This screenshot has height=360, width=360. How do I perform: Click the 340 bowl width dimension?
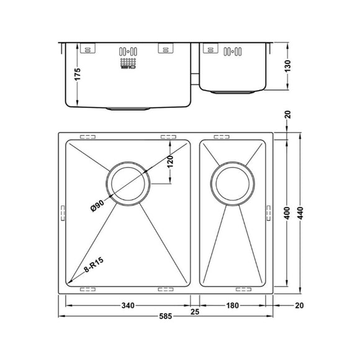pyautogui.click(x=128, y=305)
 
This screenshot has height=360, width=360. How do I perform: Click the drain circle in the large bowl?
pyautogui.click(x=127, y=184)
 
